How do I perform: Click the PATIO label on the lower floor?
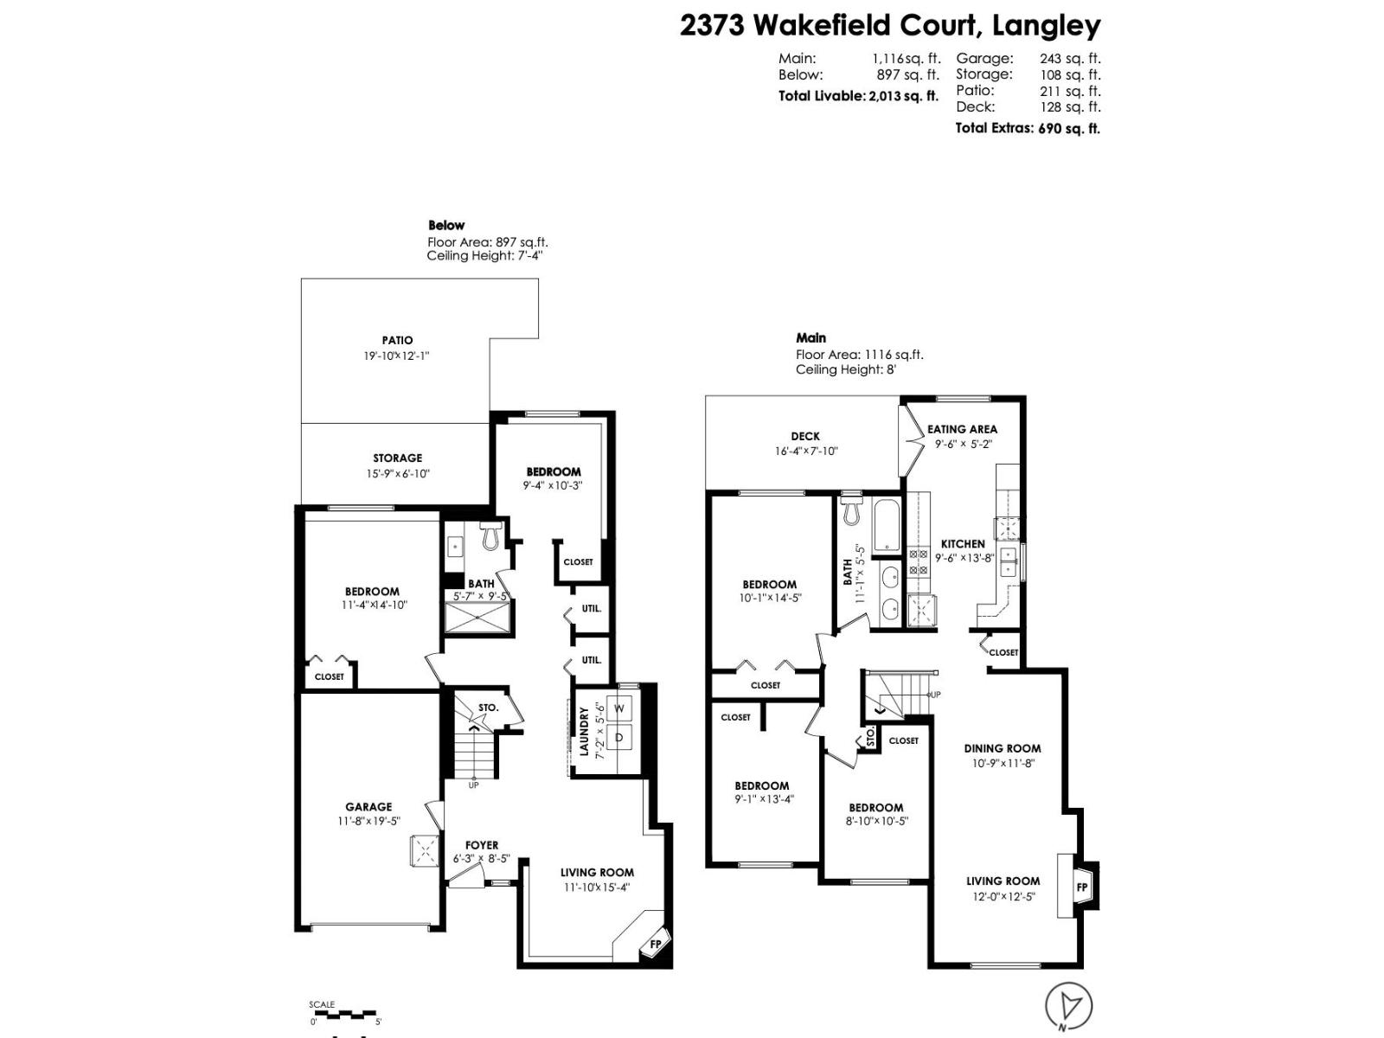click(397, 340)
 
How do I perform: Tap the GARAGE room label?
click(368, 806)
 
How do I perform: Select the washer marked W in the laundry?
click(619, 708)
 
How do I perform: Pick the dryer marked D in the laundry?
click(619, 738)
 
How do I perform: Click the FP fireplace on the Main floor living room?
click(1081, 887)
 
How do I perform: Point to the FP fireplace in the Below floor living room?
click(655, 944)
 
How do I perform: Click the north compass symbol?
click(1068, 1006)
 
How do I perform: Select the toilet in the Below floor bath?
click(490, 535)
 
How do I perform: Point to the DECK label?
click(805, 436)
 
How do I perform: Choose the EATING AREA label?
click(962, 429)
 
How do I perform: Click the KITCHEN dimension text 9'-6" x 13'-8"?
click(964, 558)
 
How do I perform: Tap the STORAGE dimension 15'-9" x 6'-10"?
click(397, 473)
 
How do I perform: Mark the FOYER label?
click(482, 845)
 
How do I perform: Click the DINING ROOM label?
click(1003, 748)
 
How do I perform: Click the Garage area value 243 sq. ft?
click(1070, 59)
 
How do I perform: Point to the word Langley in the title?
click(1047, 25)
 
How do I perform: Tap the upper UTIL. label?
click(591, 608)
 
